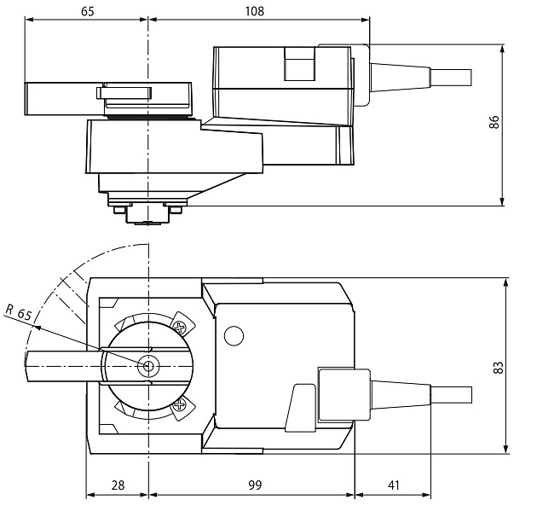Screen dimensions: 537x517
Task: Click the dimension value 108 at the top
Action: click(x=255, y=11)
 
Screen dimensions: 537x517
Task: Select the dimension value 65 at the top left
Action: click(x=87, y=11)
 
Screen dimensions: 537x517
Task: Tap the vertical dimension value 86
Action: click(x=494, y=122)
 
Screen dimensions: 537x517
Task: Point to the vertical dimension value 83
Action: click(x=499, y=367)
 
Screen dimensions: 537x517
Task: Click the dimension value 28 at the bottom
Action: click(x=118, y=485)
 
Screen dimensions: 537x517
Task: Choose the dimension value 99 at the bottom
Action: click(x=255, y=485)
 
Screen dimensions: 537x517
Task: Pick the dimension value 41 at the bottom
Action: click(x=394, y=485)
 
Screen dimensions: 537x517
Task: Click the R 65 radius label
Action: click(x=19, y=312)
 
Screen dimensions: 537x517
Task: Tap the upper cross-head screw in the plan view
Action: click(x=180, y=328)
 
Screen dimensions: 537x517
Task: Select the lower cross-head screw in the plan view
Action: click(x=180, y=405)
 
